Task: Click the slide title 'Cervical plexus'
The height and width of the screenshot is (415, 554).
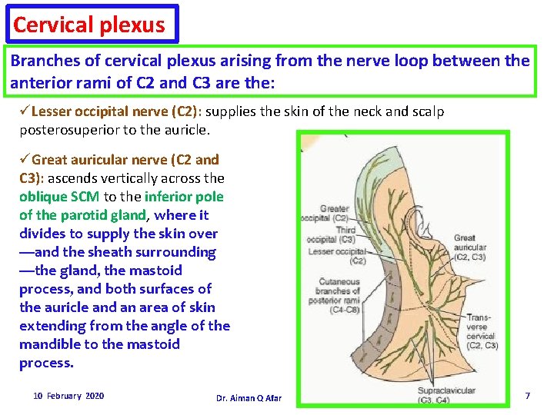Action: [89, 25]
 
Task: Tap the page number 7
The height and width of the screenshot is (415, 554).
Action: [527, 395]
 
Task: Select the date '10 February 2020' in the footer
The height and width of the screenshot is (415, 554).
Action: [68, 396]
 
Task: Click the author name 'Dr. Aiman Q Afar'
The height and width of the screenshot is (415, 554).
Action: [249, 398]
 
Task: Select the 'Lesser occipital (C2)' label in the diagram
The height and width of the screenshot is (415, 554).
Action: [336, 256]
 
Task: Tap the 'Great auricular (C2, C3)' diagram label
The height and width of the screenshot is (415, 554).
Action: [469, 247]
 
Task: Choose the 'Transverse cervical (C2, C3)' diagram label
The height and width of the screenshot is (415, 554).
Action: [482, 331]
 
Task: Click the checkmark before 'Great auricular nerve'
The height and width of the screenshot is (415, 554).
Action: [25, 160]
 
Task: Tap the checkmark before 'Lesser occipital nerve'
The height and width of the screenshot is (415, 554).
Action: [25, 111]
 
